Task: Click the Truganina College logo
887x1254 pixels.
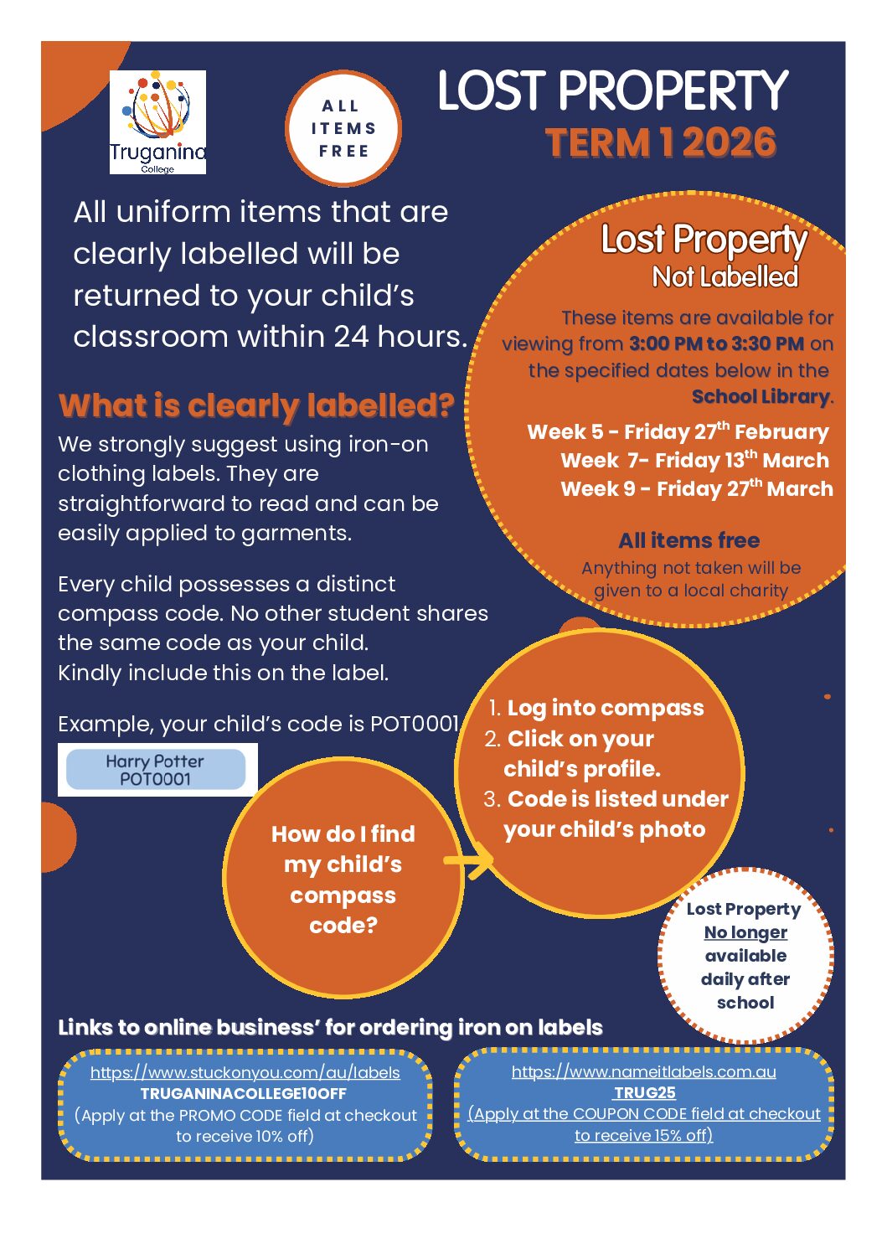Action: [x=157, y=122]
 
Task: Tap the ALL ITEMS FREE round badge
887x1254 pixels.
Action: [x=343, y=128]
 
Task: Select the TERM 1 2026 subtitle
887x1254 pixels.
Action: [x=661, y=142]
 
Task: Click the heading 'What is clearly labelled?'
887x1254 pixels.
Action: [x=256, y=405]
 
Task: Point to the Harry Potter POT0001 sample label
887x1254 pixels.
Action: [x=155, y=770]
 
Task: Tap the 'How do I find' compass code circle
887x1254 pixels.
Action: [x=343, y=879]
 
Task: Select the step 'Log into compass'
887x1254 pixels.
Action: [x=605, y=708]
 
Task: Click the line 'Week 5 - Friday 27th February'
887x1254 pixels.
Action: [x=678, y=432]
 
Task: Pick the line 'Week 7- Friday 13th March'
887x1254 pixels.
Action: [x=694, y=461]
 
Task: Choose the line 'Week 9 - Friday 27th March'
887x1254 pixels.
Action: [x=697, y=489]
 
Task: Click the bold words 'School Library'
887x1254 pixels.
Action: [x=761, y=397]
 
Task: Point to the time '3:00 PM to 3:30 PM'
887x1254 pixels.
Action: [x=716, y=343]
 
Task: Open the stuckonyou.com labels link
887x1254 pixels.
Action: [x=245, y=1072]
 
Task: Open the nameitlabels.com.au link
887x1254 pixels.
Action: [x=643, y=1071]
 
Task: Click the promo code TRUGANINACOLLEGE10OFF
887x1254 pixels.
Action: [x=243, y=1094]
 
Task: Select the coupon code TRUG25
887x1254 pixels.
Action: [x=644, y=1092]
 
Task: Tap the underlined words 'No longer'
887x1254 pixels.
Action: [x=745, y=932]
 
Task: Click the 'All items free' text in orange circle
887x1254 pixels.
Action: [x=688, y=540]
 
